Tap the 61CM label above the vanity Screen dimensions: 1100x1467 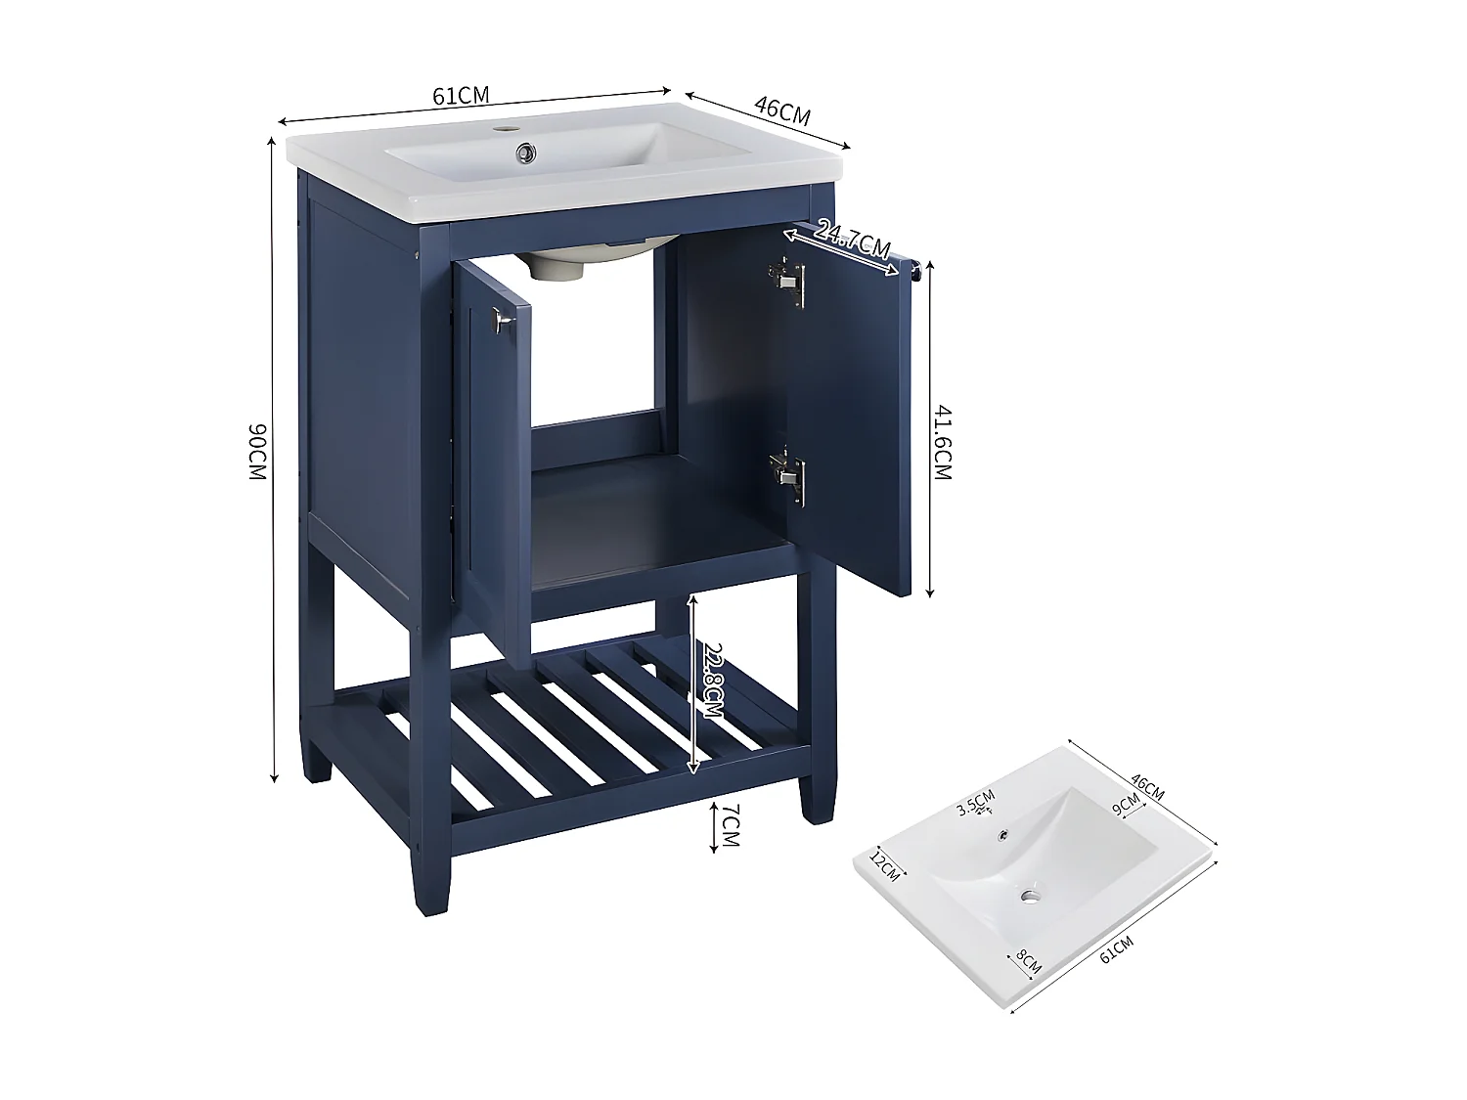[x=461, y=95]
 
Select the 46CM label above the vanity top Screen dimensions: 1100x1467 [x=782, y=110]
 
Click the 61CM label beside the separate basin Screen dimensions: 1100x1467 [x=1117, y=948]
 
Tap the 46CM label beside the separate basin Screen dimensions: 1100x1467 [x=1147, y=785]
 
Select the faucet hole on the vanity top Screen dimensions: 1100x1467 [x=507, y=128]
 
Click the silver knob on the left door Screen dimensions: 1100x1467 [x=503, y=321]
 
